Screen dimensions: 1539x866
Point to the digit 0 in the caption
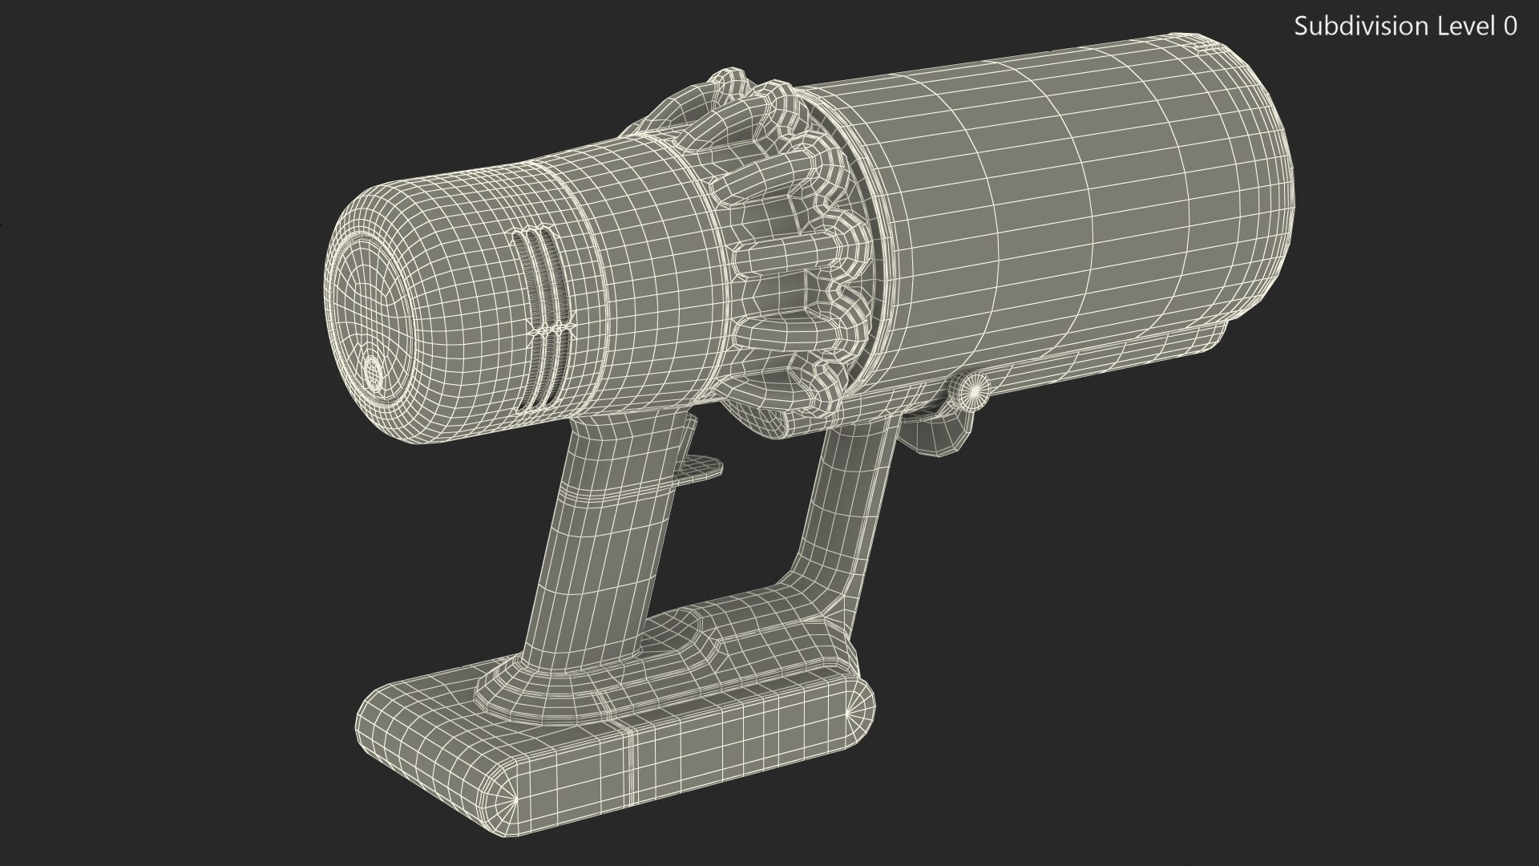tap(1509, 26)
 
